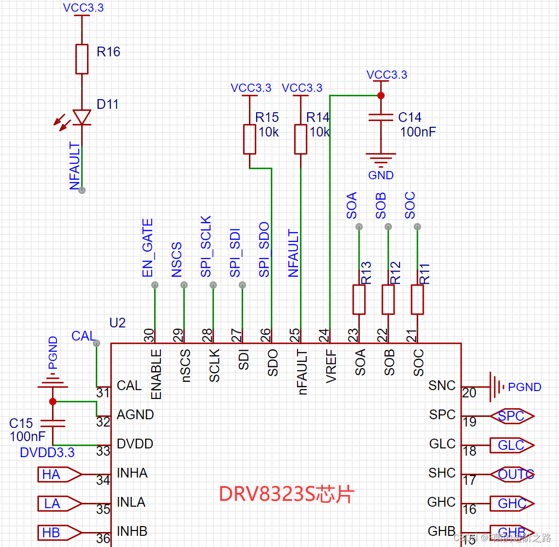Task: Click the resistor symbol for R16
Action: point(82,59)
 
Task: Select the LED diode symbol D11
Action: point(82,117)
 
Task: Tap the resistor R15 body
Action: point(249,139)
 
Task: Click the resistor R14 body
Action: point(300,139)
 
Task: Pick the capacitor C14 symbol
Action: point(381,118)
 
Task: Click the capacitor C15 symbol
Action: point(52,423)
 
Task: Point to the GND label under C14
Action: point(381,175)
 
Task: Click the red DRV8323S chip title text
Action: point(286,494)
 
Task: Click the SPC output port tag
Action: point(512,416)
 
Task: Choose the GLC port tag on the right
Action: point(512,445)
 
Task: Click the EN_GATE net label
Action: point(148,248)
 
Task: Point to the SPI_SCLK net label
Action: point(206,247)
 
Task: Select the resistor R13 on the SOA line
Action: point(359,300)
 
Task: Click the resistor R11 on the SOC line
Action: point(417,300)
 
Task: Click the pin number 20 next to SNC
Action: point(469,393)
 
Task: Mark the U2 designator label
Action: point(117,323)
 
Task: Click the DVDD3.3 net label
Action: point(47,453)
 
